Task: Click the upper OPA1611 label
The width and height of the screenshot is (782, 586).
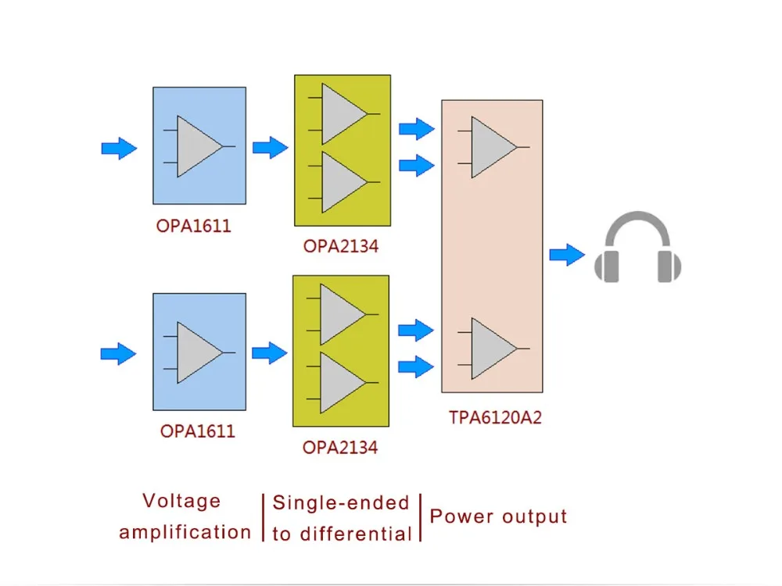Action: pos(193,227)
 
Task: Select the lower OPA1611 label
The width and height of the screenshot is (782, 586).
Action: pos(198,431)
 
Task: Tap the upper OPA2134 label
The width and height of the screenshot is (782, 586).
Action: pos(341,246)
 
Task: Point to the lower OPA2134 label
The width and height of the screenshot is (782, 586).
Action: pos(340,448)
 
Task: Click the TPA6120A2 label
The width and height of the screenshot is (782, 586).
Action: pos(495,417)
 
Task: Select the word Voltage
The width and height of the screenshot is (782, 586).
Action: pos(181,502)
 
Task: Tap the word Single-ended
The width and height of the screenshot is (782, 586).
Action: pos(341,502)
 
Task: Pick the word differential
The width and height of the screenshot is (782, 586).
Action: pos(356,534)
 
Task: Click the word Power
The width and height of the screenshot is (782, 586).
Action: pos(461,516)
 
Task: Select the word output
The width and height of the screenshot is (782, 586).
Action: pos(535,516)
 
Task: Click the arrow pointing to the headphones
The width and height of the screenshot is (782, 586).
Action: pos(567,255)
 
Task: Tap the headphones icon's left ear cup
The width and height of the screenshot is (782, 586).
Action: pos(607,266)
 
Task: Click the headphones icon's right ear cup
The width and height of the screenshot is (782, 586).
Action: pos(669,266)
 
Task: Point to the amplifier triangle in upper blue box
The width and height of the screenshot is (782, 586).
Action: pos(199,147)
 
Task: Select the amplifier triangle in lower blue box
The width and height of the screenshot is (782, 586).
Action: pos(199,353)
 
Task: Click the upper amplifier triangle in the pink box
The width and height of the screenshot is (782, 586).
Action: pos(493,147)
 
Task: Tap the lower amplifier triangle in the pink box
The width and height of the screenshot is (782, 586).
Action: pos(493,348)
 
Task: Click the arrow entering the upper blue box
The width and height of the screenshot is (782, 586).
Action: pos(119,148)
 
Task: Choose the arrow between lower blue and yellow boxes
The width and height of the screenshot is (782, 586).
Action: pos(270,353)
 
